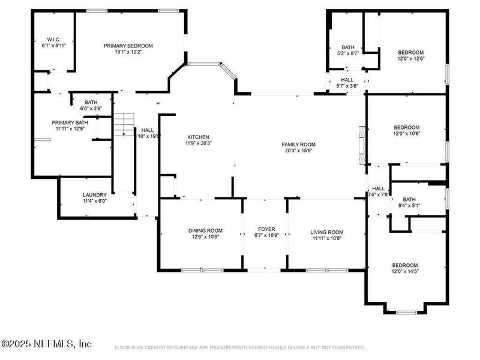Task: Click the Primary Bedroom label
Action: [x=128, y=46]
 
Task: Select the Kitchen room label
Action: [x=198, y=137]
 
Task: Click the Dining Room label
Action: [x=205, y=230]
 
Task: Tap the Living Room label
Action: [x=326, y=232]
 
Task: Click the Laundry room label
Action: [x=95, y=195]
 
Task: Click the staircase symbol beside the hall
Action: [x=124, y=123]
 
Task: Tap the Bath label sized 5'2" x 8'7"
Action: [x=348, y=47]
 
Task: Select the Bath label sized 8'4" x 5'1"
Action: [x=409, y=200]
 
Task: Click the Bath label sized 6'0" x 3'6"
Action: [x=91, y=103]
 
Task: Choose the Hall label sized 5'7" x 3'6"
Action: [x=347, y=79]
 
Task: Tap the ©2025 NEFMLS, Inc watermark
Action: [x=47, y=344]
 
